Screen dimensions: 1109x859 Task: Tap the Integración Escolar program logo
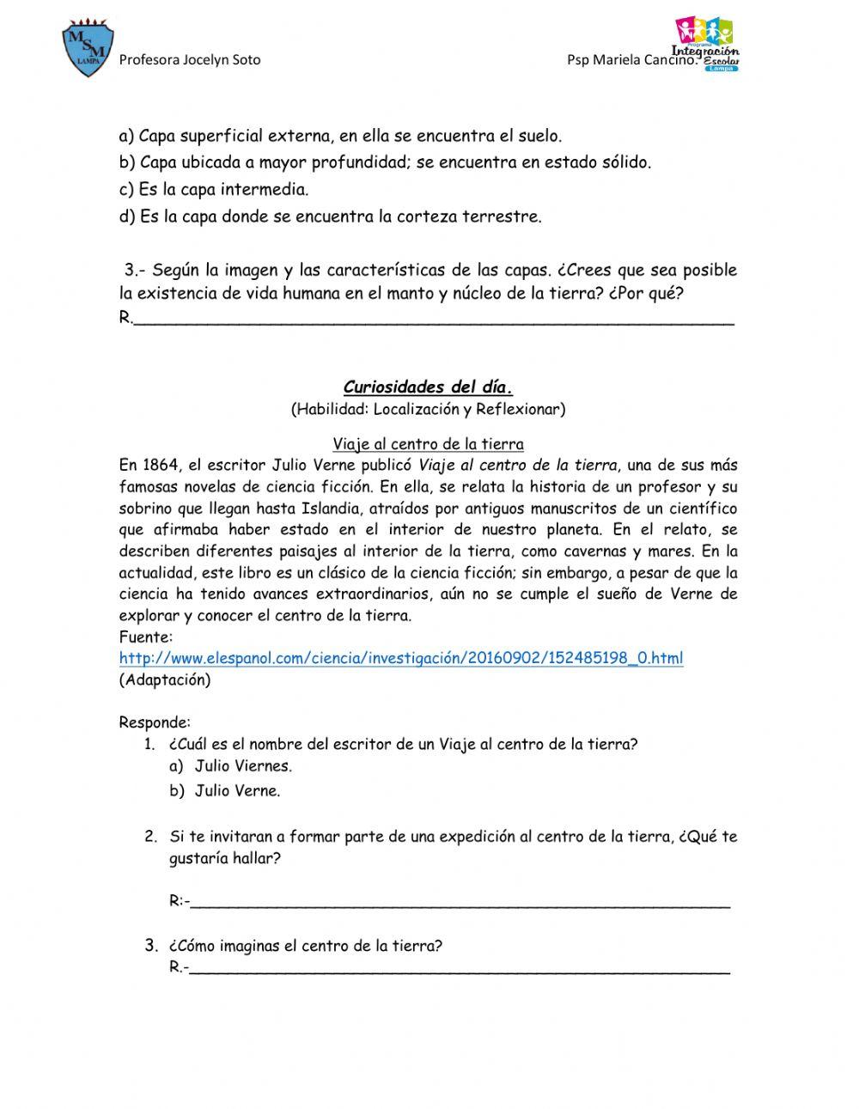(706, 43)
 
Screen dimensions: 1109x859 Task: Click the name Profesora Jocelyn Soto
(189, 60)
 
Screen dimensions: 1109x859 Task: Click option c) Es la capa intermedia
(214, 189)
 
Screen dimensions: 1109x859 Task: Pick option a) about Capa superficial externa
(340, 136)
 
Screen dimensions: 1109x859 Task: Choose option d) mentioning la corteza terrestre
(331, 216)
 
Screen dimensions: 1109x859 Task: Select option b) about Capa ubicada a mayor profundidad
(386, 162)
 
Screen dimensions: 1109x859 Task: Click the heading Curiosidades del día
(428, 387)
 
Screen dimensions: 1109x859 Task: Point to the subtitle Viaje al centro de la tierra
(428, 444)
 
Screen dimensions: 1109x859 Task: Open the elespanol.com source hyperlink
(401, 659)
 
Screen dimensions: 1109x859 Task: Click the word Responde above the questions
(155, 722)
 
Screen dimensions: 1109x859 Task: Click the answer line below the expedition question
(460, 904)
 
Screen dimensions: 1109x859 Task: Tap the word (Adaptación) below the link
(164, 680)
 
